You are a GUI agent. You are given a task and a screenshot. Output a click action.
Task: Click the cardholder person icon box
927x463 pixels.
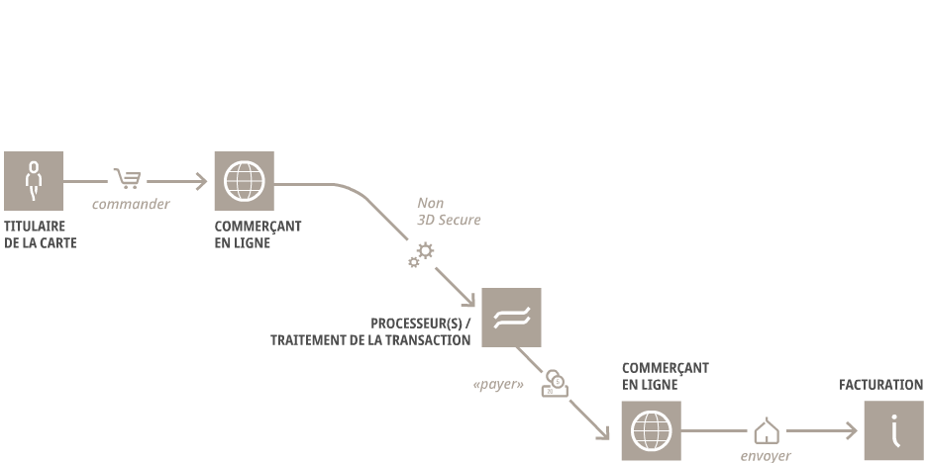(x=34, y=181)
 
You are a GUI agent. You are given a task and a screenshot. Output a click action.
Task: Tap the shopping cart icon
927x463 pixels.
(x=128, y=178)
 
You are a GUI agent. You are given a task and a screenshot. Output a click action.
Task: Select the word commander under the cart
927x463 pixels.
(x=131, y=204)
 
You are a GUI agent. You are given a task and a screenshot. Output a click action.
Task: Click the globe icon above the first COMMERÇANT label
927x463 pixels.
(x=245, y=181)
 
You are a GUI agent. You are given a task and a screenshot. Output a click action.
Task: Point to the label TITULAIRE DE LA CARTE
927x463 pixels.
(x=41, y=234)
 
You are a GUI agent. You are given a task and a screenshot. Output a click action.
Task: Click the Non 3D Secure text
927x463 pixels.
(x=449, y=212)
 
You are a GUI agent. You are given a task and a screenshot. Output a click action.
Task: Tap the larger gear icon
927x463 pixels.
(x=425, y=250)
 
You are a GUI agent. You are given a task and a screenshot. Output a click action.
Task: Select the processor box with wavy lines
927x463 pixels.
(x=511, y=318)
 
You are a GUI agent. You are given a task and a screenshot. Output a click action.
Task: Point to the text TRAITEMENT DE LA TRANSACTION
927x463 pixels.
(x=370, y=340)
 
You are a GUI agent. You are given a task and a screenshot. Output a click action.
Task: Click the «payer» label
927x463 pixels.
(x=498, y=385)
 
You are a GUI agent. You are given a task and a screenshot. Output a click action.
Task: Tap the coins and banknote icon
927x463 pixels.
(x=556, y=383)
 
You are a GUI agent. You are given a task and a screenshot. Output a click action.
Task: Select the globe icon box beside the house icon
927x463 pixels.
(x=652, y=431)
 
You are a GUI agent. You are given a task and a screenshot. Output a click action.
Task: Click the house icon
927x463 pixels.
(x=767, y=431)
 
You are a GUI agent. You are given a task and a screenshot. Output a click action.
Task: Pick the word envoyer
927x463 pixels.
(x=766, y=456)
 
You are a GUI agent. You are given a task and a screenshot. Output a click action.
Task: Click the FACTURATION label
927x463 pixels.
(x=880, y=385)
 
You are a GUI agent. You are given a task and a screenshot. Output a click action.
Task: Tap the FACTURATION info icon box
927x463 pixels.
(x=894, y=431)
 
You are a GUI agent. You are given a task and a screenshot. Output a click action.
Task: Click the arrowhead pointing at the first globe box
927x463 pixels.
(x=202, y=181)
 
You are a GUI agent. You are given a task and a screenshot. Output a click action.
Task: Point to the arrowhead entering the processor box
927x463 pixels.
(x=468, y=300)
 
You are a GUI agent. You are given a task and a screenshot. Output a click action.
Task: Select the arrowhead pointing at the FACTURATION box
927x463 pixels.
(x=851, y=431)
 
